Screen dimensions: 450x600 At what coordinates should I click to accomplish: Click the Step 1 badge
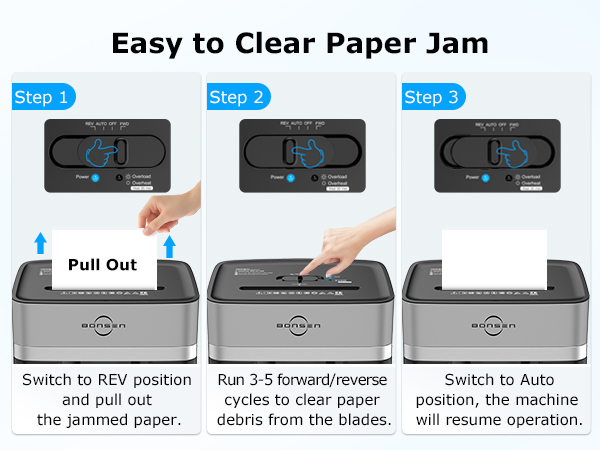tap(43, 97)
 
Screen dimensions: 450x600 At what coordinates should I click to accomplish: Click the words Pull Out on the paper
tap(102, 265)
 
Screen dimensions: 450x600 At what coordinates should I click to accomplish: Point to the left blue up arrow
tap(39, 242)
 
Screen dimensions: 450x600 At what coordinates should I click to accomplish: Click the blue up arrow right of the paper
tap(169, 247)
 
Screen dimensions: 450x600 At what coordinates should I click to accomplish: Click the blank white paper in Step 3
tap(494, 259)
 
